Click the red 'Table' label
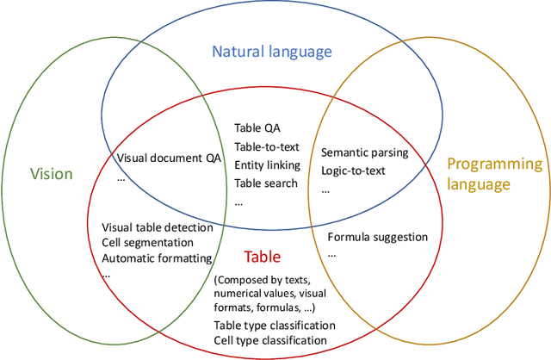(x=263, y=256)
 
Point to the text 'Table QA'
(x=257, y=127)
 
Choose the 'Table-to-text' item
(x=266, y=146)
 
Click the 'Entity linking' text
(x=267, y=164)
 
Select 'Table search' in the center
(x=266, y=182)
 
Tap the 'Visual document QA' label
(x=169, y=158)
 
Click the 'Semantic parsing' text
(x=364, y=152)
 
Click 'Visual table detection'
(x=151, y=227)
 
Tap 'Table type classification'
(x=275, y=325)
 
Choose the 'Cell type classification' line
(x=270, y=340)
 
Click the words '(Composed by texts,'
(x=263, y=280)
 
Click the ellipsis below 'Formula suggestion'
(x=332, y=254)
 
